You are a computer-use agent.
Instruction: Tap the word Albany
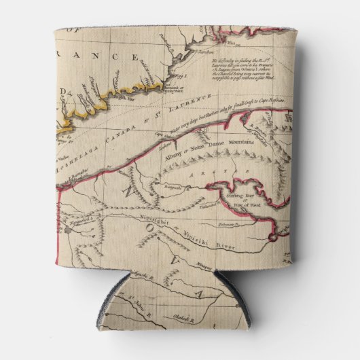175,155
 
